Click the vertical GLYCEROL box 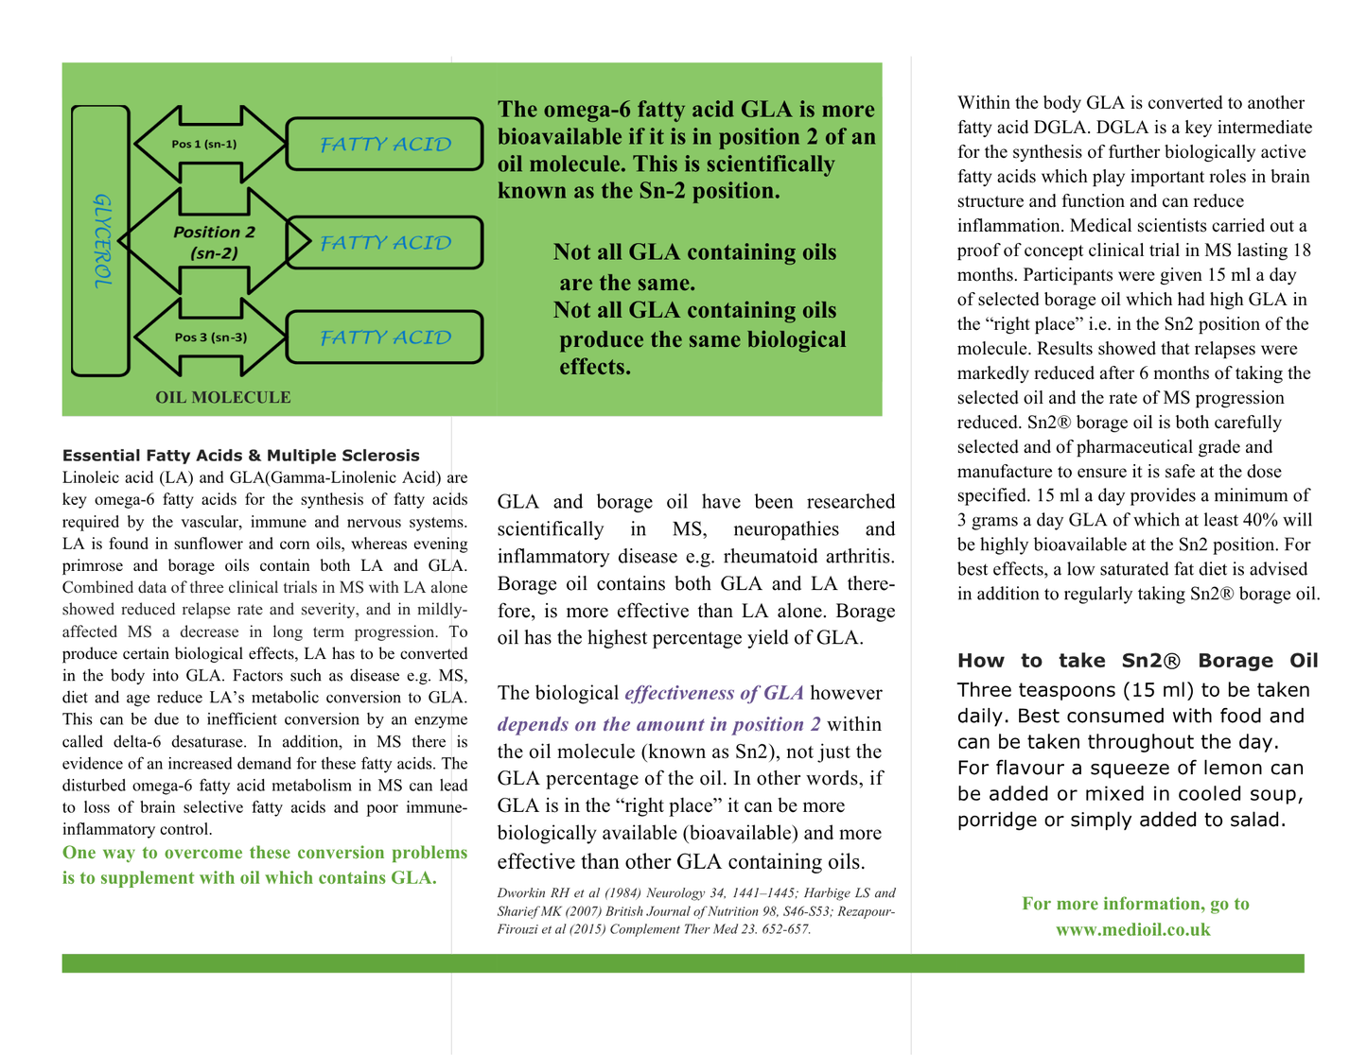pos(100,241)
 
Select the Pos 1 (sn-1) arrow pos(207,144)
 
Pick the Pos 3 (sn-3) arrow pos(210,337)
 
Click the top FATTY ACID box pos(384,144)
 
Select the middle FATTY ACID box pos(384,243)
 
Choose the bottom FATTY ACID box pos(384,337)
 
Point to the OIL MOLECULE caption pos(223,398)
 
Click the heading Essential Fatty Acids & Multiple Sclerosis pos(240,456)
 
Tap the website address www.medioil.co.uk pos(1133,929)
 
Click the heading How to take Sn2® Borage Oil pos(1137,661)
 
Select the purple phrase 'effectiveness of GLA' pos(714,693)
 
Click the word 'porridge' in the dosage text pos(996,820)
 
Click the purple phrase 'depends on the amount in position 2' pos(658,725)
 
